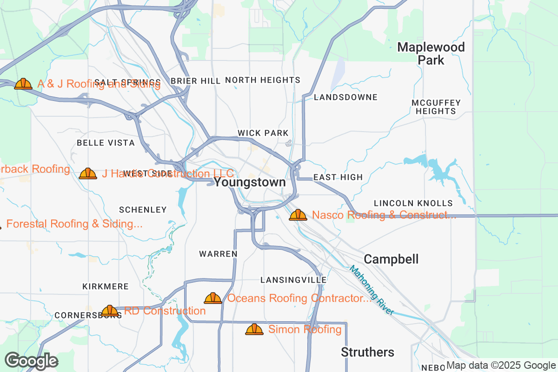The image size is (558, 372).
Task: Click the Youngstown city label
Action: point(250,182)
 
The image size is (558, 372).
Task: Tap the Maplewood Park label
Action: point(431,53)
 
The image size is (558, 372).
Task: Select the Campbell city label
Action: point(391,259)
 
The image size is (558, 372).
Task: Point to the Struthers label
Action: point(367,352)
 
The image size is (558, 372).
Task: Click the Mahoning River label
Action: point(372,290)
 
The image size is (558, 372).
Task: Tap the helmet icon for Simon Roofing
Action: point(254,329)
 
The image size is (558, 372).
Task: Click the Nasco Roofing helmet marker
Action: point(298,215)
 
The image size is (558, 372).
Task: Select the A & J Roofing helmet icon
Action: point(23,84)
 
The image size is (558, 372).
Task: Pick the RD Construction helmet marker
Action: point(110,311)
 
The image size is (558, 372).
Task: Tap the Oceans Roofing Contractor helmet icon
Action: point(213,298)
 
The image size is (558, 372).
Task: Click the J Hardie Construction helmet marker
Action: point(88,173)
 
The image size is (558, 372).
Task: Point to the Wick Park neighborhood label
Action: point(263,133)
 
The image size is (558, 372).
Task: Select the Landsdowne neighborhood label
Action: point(345,97)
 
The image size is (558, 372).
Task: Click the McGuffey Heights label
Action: point(436,107)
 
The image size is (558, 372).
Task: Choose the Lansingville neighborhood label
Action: point(293,280)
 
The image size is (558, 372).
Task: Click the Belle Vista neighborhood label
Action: point(106,143)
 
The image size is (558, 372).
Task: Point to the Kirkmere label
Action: point(105,286)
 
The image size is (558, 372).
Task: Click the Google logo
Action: point(31,361)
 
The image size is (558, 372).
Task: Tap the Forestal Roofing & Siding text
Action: point(74,224)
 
